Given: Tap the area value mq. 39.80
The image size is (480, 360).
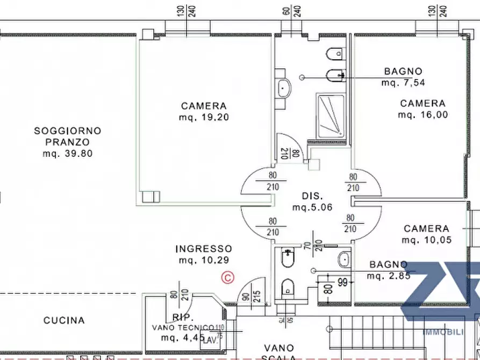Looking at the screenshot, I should click(x=68, y=154).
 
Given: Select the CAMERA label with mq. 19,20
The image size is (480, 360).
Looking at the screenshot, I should click(x=204, y=106).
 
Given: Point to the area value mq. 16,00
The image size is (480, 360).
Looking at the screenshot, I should click(x=422, y=115).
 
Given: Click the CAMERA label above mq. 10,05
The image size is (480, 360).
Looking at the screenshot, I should click(x=426, y=229).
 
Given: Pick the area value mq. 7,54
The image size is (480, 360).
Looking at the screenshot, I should click(x=403, y=83).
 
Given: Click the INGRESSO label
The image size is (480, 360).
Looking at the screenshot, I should click(x=204, y=249).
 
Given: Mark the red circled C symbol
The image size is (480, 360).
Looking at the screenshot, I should click(x=228, y=277).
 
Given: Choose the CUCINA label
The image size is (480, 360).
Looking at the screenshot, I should click(x=64, y=320).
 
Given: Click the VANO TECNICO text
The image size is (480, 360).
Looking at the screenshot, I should click(x=183, y=328).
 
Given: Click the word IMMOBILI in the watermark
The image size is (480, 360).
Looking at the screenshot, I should click(x=443, y=332).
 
